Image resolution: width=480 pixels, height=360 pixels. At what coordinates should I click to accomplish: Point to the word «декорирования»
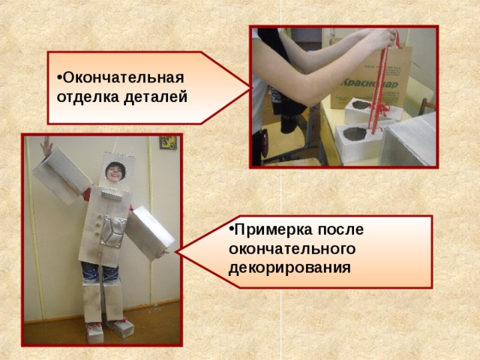(x=289, y=266)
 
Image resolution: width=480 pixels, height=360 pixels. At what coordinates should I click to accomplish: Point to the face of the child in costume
(x=115, y=172)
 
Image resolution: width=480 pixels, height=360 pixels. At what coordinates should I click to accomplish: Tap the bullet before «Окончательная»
(x=59, y=79)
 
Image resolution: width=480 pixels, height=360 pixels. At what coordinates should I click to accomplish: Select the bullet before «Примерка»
(x=232, y=229)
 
